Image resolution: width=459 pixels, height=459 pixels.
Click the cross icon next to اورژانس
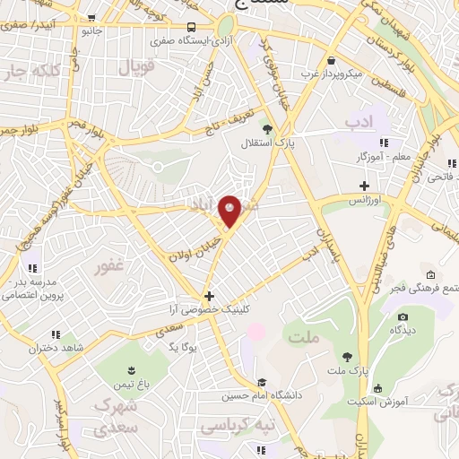click(363, 186)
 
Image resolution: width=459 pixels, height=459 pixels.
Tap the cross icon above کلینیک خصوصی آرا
click(209, 296)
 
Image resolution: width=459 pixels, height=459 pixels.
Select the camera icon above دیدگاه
click(402, 316)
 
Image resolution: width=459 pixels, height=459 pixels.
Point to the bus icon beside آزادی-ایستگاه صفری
click(194, 29)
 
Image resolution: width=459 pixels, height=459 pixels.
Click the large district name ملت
click(304, 337)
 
